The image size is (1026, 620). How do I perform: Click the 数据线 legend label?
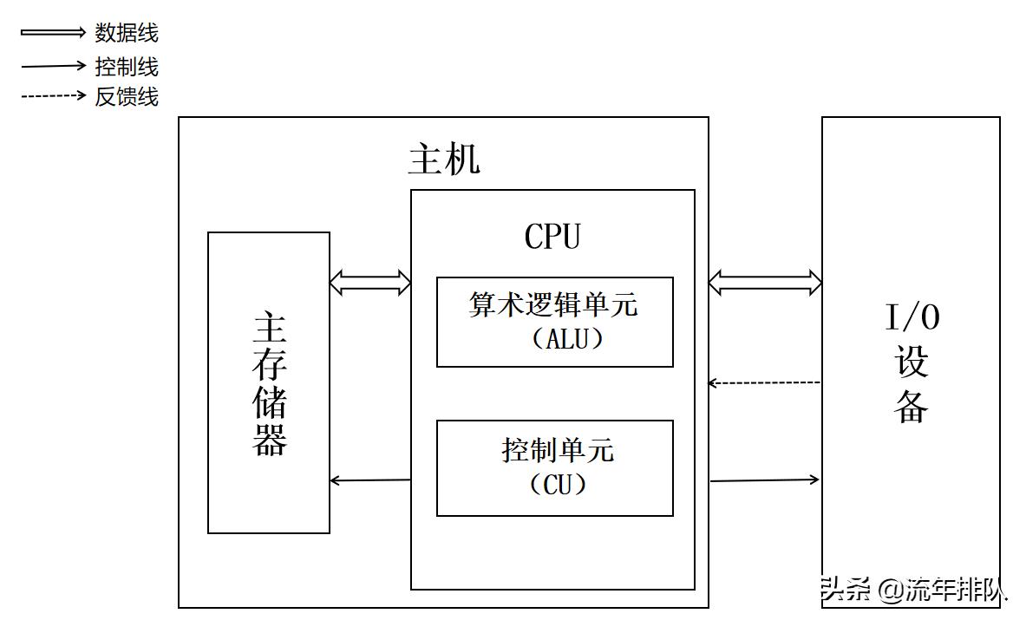pyautogui.click(x=127, y=34)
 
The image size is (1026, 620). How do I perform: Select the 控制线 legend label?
pyautogui.click(x=127, y=66)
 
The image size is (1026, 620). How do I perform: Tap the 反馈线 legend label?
pyautogui.click(x=127, y=96)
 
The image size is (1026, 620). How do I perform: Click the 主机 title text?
pyautogui.click(x=443, y=160)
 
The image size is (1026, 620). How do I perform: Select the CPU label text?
pyautogui.click(x=552, y=237)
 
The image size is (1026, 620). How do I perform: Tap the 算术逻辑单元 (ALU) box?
pyautogui.click(x=554, y=322)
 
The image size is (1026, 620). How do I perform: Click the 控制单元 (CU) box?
pyautogui.click(x=554, y=467)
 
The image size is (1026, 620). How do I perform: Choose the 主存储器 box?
pyautogui.click(x=269, y=382)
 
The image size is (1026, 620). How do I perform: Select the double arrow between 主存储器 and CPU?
pyautogui.click(x=370, y=281)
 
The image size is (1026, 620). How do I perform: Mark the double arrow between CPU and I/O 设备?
pyautogui.click(x=765, y=281)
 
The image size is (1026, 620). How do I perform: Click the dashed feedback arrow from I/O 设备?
pyautogui.click(x=764, y=382)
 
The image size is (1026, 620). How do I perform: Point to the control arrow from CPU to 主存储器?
pyautogui.click(x=370, y=480)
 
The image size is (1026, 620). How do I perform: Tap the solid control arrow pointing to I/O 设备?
pyautogui.click(x=764, y=480)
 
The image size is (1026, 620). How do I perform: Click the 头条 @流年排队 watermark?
pyautogui.click(x=914, y=591)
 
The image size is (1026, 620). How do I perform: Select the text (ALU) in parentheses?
pyautogui.click(x=565, y=339)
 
